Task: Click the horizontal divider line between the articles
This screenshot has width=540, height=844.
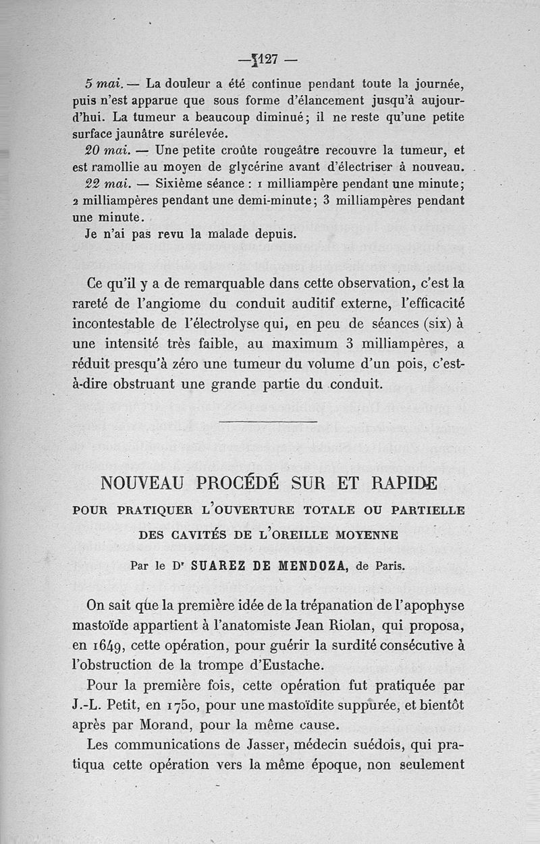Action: point(269,422)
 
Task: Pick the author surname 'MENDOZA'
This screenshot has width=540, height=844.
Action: point(310,565)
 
